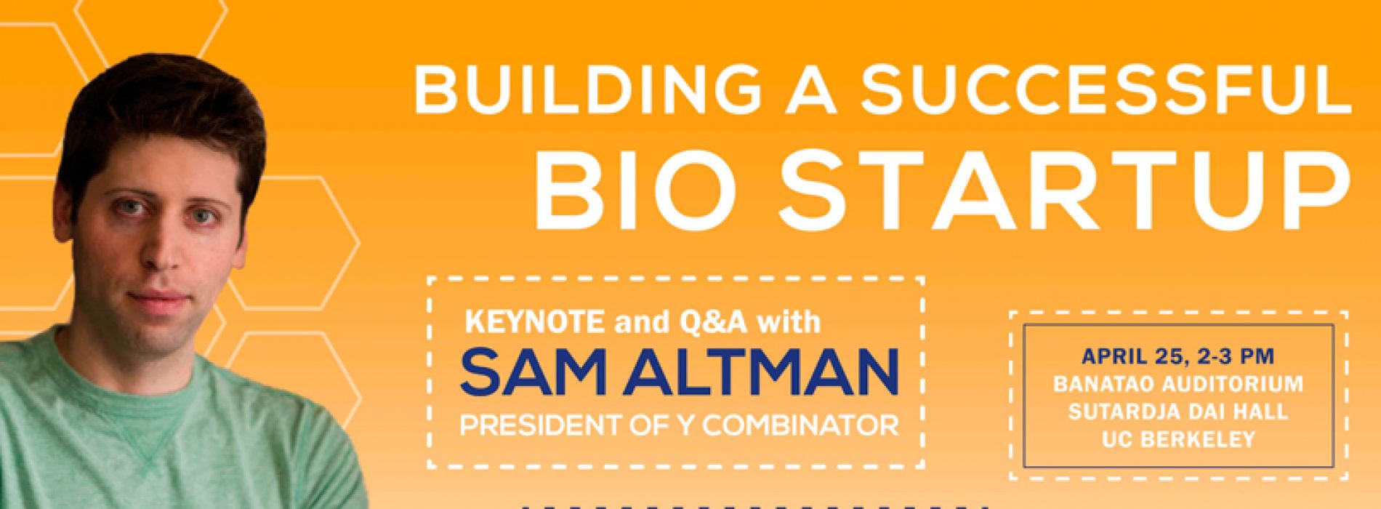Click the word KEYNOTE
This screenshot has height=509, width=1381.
pyautogui.click(x=534, y=322)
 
